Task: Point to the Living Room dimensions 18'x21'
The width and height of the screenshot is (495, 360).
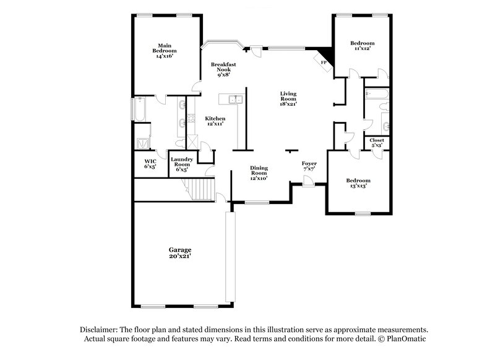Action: point(288,104)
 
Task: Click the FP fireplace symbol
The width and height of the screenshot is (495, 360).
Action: point(324,61)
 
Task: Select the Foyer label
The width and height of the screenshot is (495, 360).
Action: point(309,163)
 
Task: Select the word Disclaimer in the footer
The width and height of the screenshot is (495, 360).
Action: point(100,330)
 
